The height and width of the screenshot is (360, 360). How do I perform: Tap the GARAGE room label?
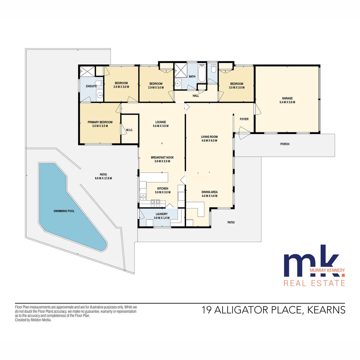(x=287, y=98)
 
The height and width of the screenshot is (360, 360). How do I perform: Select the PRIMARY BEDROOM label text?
(x=100, y=122)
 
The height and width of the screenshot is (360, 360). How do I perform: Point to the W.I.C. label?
(x=130, y=130)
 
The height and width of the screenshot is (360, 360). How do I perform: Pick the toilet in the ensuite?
(x=97, y=83)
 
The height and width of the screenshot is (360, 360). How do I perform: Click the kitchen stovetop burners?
(x=155, y=201)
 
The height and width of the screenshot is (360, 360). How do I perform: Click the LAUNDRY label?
(x=162, y=214)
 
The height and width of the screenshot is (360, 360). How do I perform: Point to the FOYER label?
(x=244, y=119)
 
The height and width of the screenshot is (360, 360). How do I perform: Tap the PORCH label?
(x=285, y=144)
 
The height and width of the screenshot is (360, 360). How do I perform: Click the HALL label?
(x=196, y=96)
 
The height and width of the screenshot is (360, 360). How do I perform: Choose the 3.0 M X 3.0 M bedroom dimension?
(x=236, y=88)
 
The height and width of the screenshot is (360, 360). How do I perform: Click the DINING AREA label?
(x=210, y=192)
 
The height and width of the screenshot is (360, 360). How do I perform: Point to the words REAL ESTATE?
(x=314, y=283)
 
